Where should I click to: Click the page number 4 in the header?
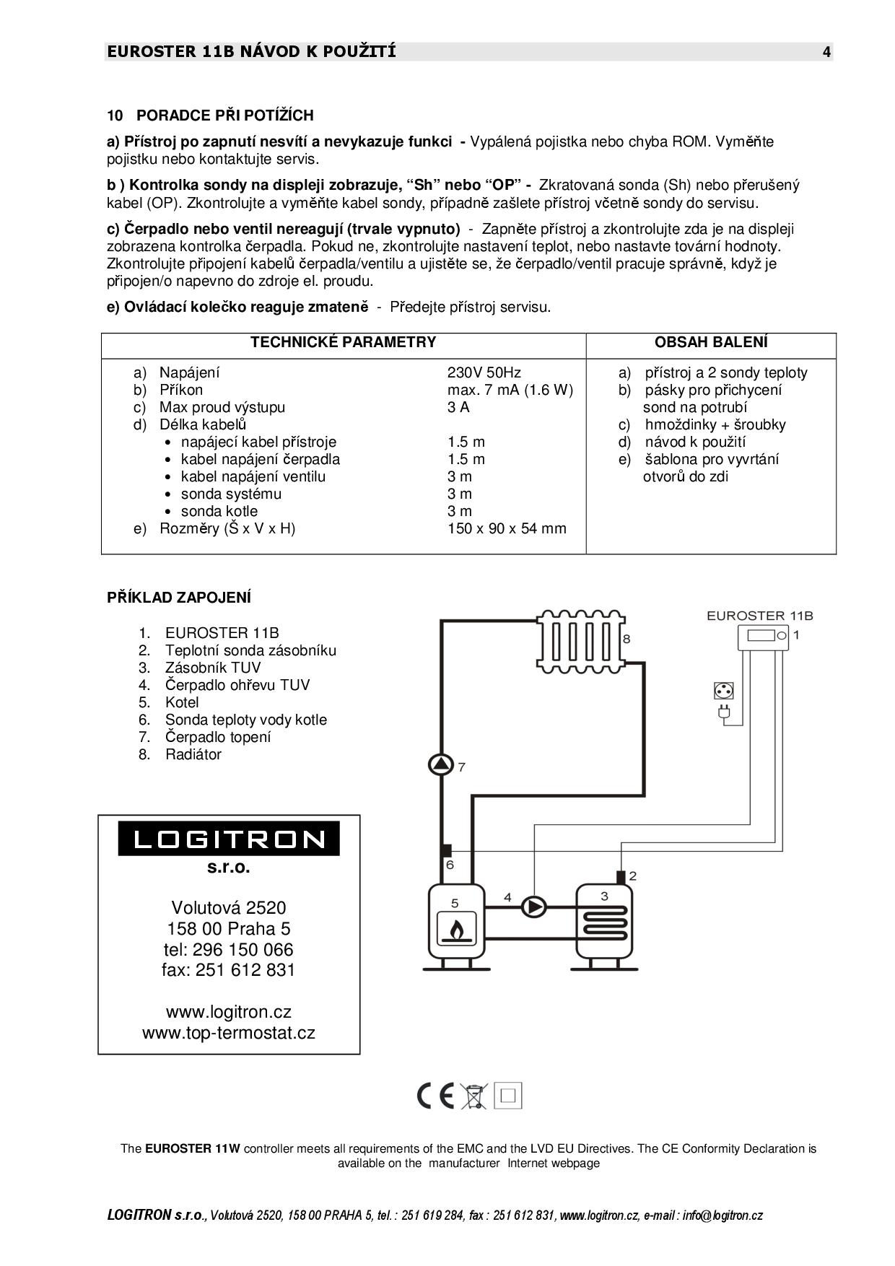coord(826,52)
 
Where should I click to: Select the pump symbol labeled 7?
coord(440,764)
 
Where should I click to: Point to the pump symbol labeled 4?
coord(534,907)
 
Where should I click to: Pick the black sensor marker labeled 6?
coord(447,851)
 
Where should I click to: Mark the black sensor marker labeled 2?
coord(620,876)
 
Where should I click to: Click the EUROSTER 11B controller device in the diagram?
coord(762,637)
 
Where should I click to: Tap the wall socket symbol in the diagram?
coord(722,691)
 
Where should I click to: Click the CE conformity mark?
coord(436,1096)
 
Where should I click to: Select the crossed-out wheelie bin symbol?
coord(474,1096)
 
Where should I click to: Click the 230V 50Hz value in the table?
coord(484,372)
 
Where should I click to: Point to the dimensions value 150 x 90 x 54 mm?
coord(507,528)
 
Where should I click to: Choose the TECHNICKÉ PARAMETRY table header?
coord(344,342)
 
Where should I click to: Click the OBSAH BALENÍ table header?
coord(711,342)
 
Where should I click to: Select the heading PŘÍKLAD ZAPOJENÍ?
coord(179,598)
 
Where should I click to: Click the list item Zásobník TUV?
coord(213,668)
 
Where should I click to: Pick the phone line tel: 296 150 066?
coord(229,949)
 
